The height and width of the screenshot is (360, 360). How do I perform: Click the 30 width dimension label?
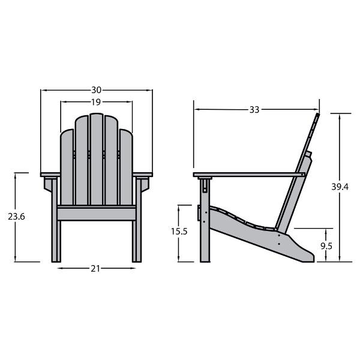[96, 90]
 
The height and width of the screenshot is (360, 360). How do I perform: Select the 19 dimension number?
[96, 102]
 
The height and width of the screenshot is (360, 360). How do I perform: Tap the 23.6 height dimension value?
[16, 217]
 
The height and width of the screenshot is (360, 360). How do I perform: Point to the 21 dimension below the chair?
[95, 269]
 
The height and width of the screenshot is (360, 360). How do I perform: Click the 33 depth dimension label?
[254, 110]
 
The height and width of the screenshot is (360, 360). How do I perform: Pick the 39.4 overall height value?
[340, 187]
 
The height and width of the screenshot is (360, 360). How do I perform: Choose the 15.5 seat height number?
[179, 232]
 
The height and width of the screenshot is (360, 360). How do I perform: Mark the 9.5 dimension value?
[326, 246]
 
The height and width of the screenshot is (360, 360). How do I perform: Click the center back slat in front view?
[97, 159]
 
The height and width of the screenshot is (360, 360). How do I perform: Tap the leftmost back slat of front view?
[67, 167]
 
